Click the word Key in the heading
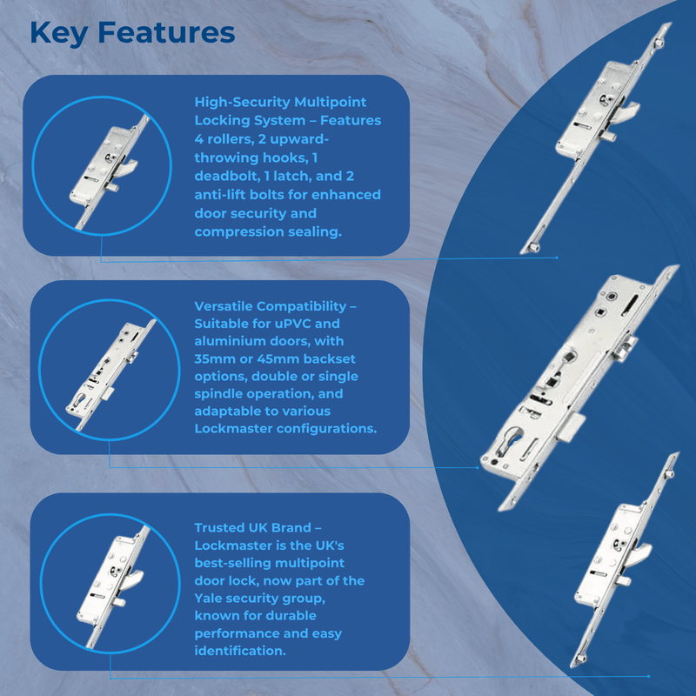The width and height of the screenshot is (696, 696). tap(58, 33)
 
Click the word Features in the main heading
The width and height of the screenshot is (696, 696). tap(166, 32)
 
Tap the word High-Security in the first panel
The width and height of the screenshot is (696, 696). tap(243, 102)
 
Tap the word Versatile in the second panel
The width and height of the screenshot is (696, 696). tap(224, 306)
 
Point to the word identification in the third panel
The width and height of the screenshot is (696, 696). tap(240, 651)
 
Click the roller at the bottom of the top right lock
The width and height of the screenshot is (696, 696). tap(534, 247)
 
